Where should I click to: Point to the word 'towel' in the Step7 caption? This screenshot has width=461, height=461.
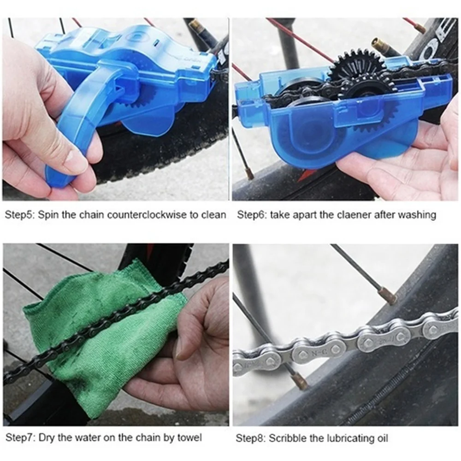click(x=191, y=437)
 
